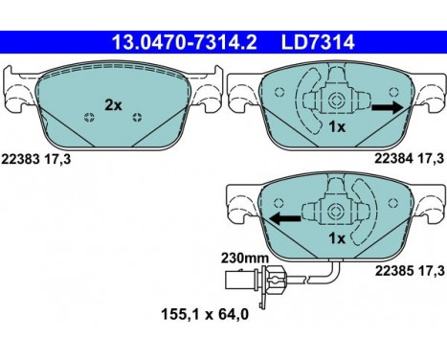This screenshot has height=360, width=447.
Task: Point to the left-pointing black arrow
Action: point(284,216)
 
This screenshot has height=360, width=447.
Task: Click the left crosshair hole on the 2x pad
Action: point(89,118)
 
